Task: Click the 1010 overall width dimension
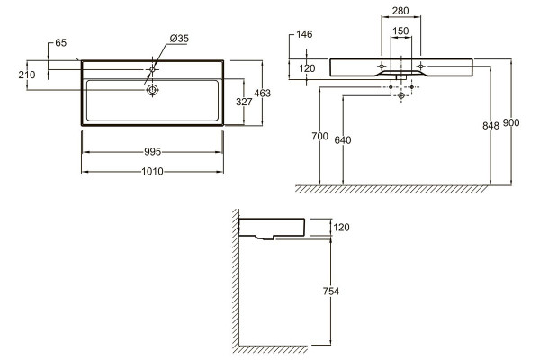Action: click(153, 172)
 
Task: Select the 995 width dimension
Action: click(153, 152)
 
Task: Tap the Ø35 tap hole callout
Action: click(179, 39)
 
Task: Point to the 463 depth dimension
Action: click(263, 93)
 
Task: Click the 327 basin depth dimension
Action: click(244, 102)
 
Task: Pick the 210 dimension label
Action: click(27, 75)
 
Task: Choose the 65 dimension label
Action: click(60, 43)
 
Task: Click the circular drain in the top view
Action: click(152, 90)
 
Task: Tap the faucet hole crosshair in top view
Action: click(152, 69)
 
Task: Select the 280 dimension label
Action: click(400, 11)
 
